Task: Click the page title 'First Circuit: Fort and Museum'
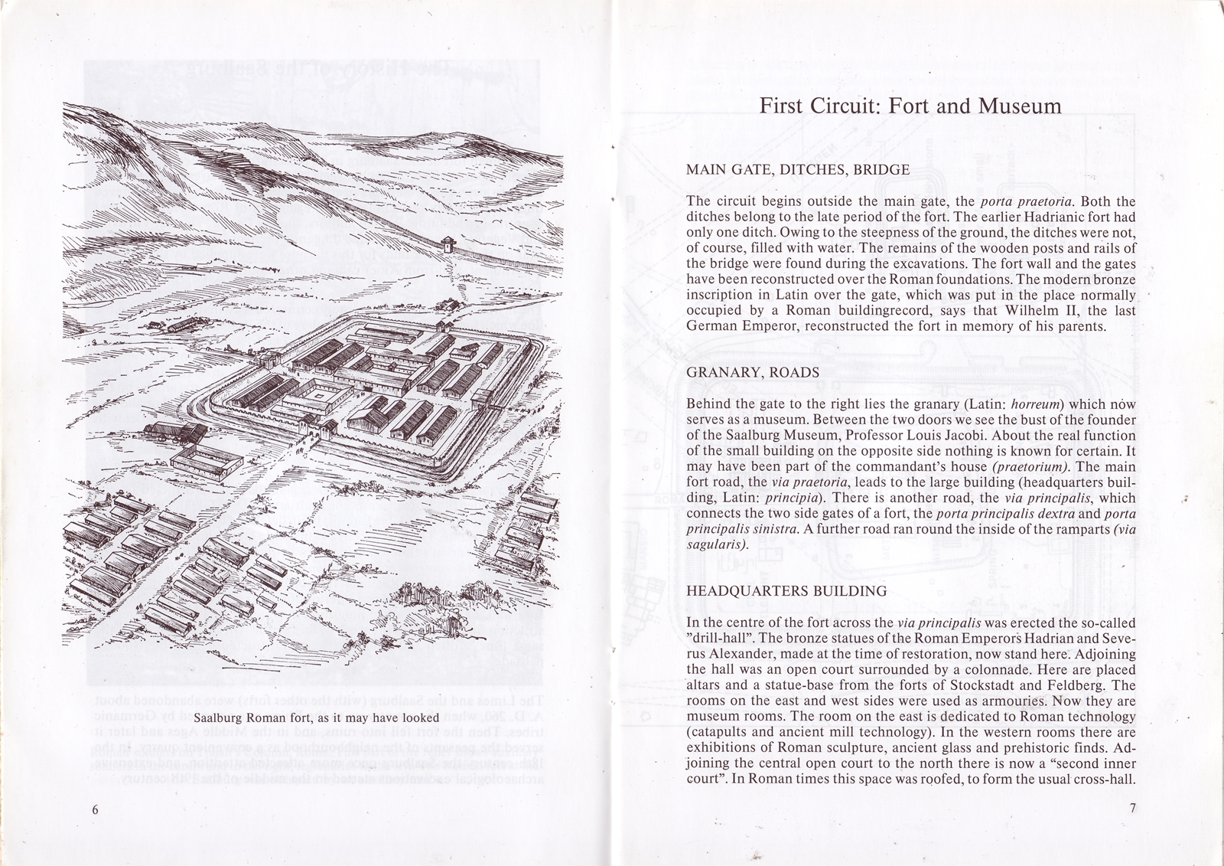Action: point(910,105)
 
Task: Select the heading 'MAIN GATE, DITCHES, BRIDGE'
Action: point(798,170)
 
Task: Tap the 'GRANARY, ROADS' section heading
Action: point(753,373)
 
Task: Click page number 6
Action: point(95,811)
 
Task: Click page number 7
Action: point(1132,809)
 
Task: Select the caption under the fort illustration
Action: point(316,718)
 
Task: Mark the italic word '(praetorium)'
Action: point(1027,467)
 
